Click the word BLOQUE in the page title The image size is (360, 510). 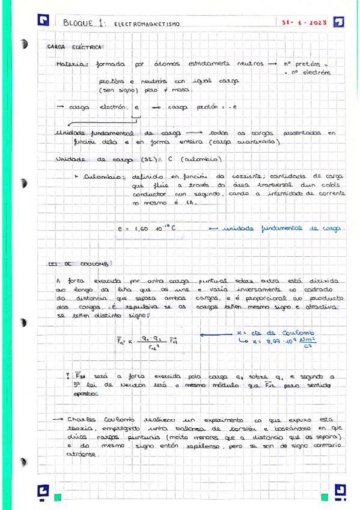(78, 23)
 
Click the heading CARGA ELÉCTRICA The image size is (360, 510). (75, 46)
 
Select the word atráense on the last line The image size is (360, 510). (84, 455)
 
